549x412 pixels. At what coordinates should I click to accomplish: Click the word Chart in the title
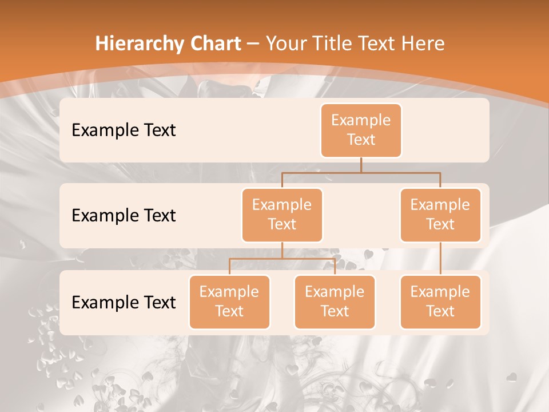[215, 44]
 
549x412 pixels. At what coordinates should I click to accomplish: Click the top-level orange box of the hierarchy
[361, 130]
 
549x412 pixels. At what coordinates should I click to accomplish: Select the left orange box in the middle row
[282, 215]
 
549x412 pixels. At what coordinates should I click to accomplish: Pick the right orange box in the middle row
[440, 215]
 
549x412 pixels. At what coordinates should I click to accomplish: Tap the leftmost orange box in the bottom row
[229, 302]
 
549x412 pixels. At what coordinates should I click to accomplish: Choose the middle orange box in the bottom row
[335, 302]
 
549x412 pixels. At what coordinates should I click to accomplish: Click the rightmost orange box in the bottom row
[440, 302]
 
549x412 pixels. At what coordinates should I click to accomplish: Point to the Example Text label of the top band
[124, 130]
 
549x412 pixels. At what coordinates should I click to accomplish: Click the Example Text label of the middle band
[124, 216]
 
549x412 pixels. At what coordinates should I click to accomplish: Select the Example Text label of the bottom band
[124, 302]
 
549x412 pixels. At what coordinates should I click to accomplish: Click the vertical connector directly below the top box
[361, 165]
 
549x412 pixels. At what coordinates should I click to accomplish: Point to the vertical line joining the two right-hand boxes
[440, 259]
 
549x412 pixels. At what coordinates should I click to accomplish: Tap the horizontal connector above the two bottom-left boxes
[282, 259]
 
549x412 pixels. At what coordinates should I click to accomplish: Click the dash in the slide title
[253, 44]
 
